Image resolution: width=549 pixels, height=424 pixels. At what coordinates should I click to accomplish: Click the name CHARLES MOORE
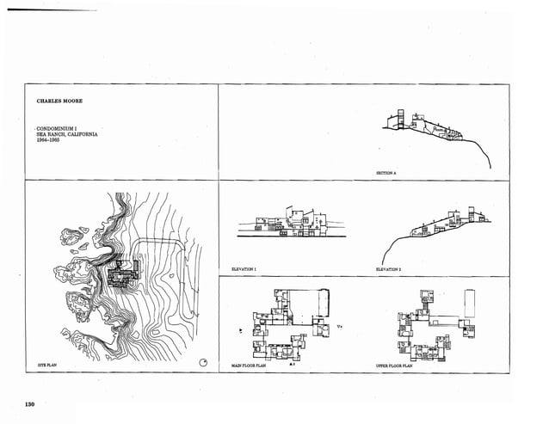pos(59,101)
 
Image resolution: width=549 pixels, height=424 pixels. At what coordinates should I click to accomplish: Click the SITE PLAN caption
pos(46,366)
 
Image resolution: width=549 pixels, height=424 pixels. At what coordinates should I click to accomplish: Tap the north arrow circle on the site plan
pos(204,362)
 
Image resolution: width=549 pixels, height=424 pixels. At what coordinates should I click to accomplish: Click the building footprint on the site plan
pos(126,273)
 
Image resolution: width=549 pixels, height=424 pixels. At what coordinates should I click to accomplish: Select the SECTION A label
pos(386,173)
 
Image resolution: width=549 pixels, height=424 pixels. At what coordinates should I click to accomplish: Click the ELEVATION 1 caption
pos(244,270)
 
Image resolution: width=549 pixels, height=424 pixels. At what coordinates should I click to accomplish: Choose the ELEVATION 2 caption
pos(389,270)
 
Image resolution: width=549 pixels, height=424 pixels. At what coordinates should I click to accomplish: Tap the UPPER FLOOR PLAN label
pos(395,366)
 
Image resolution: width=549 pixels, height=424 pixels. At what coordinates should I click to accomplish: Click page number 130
pos(30,404)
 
